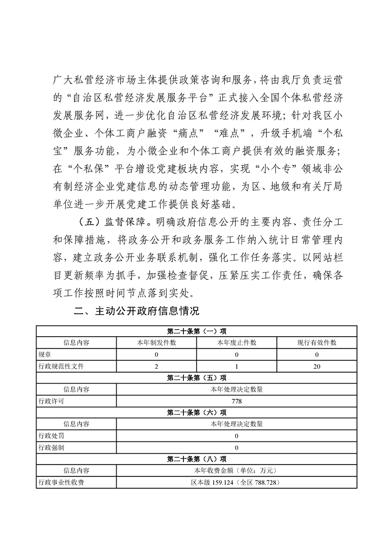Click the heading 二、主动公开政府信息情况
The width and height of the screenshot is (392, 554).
point(135,311)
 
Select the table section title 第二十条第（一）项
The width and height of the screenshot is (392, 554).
point(197,331)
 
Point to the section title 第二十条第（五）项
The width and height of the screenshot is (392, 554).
point(197,378)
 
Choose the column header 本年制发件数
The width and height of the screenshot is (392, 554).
point(156,343)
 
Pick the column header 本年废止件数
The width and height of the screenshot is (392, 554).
point(236,343)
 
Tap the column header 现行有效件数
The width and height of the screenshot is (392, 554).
point(316,343)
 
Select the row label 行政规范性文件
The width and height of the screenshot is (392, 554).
point(58,366)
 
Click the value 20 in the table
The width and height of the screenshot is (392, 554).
point(316,366)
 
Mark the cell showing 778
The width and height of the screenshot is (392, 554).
point(236,401)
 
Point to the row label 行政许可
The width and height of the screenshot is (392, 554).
point(51,401)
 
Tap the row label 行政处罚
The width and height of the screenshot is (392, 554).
point(51,436)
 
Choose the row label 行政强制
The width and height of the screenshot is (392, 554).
point(51,447)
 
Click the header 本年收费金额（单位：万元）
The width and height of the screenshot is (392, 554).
point(236,471)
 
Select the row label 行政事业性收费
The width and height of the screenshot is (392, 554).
point(61,482)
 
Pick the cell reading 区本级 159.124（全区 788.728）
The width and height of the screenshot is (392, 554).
point(236,482)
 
